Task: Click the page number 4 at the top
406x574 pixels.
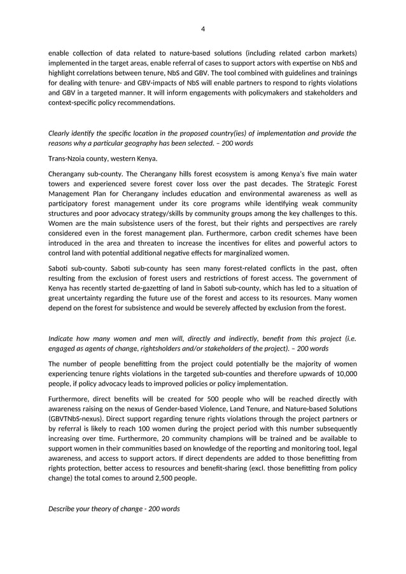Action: (x=202, y=29)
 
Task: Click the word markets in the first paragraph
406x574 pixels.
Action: (x=338, y=52)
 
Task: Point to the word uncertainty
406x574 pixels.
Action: (x=87, y=298)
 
